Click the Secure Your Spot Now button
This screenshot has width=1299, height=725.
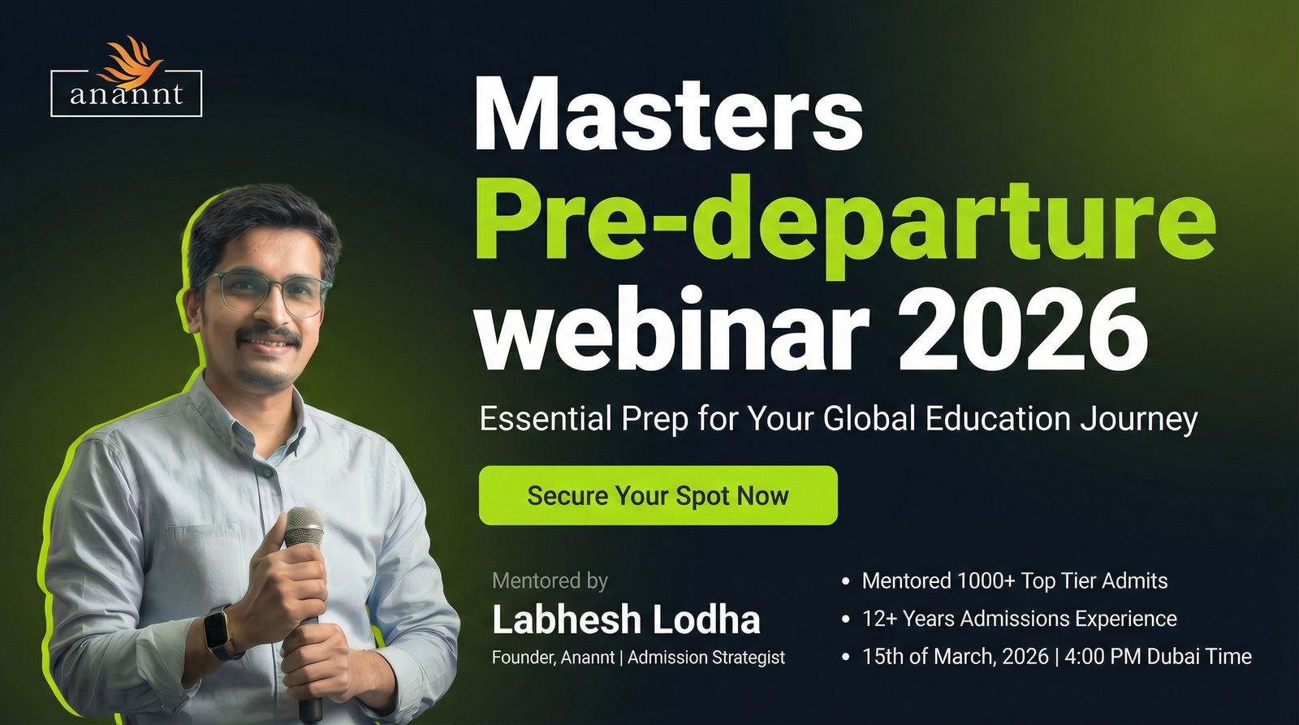tap(658, 495)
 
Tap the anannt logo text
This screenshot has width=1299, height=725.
tap(127, 93)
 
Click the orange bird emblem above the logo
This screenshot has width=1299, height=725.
tap(130, 62)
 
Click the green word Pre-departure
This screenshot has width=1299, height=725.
tap(845, 223)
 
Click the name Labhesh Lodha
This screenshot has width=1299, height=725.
tap(626, 619)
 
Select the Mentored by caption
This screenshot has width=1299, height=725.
tap(550, 580)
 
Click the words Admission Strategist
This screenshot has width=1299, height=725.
tap(706, 657)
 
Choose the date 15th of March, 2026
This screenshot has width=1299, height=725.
tap(955, 656)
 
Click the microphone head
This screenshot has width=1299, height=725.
tap(304, 527)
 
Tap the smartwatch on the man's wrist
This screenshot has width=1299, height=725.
tap(218, 632)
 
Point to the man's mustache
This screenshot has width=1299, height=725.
tap(269, 336)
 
